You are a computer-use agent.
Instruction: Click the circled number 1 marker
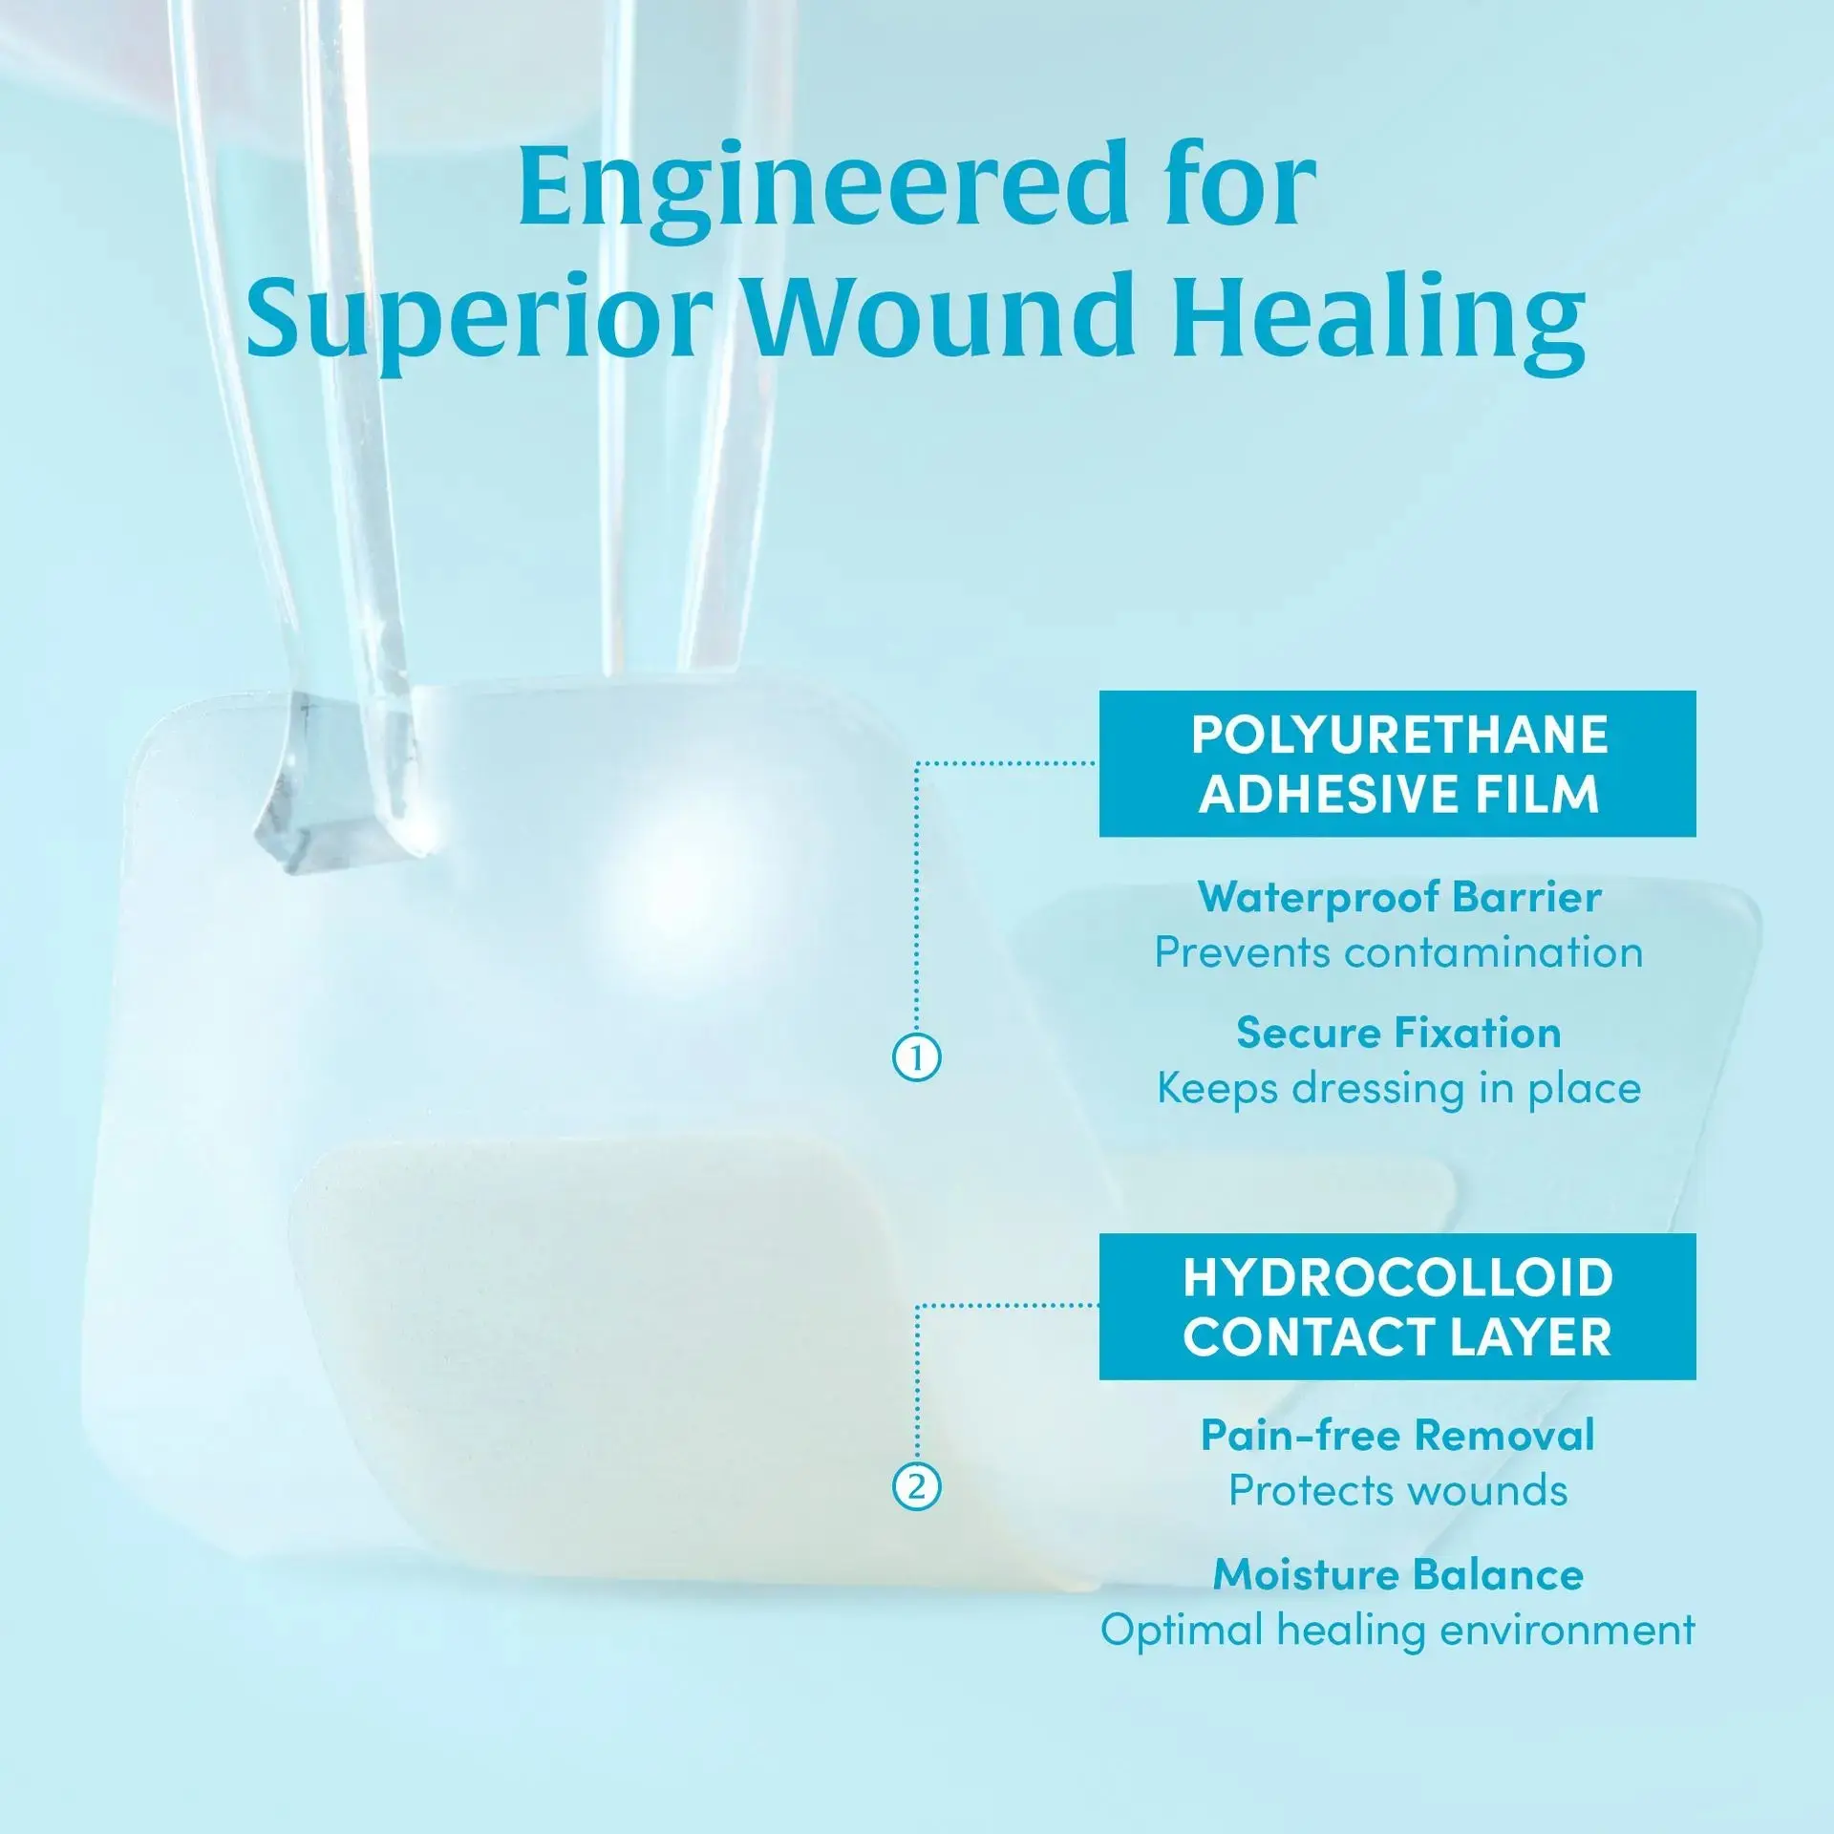click(x=916, y=1058)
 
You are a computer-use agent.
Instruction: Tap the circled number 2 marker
click(x=916, y=1487)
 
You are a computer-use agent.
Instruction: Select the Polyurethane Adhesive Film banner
click(x=1397, y=763)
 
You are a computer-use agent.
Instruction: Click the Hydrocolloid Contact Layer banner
click(x=1397, y=1306)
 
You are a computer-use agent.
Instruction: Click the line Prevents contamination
click(x=1398, y=952)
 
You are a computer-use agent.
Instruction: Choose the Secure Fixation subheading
click(x=1398, y=1033)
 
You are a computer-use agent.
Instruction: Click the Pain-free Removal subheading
click(x=1397, y=1436)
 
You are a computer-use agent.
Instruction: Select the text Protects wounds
click(x=1398, y=1491)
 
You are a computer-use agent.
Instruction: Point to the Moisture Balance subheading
click(x=1398, y=1575)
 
